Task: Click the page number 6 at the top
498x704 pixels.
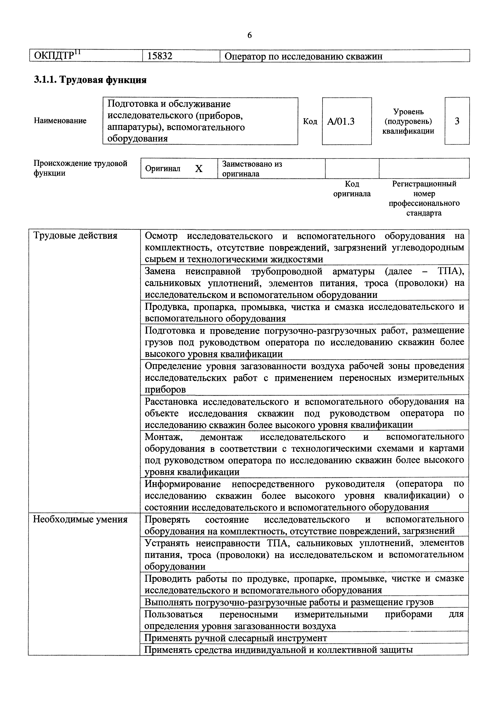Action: coord(249,36)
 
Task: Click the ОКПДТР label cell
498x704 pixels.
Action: coord(57,56)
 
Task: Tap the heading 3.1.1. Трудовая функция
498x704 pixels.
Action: coord(90,80)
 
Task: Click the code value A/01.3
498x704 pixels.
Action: coord(341,121)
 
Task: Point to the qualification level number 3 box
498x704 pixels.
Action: coord(457,121)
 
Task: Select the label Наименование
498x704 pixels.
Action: coord(60,121)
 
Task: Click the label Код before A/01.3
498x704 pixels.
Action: coord(310,121)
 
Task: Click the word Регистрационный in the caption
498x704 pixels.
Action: coord(424,184)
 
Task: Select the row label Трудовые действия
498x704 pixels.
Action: coord(75,236)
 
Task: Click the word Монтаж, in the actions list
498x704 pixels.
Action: coord(164,436)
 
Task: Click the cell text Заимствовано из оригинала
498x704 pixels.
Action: coord(252,169)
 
